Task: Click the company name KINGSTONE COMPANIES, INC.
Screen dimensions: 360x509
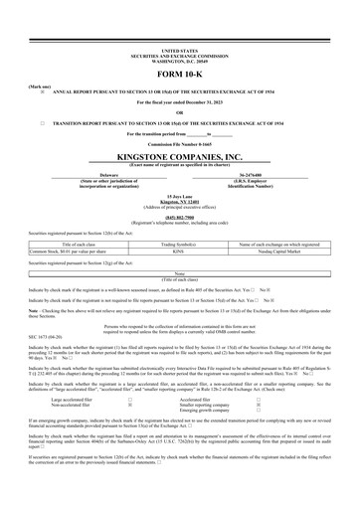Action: pos(179,157)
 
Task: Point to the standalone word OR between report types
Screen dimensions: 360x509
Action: pos(179,112)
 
